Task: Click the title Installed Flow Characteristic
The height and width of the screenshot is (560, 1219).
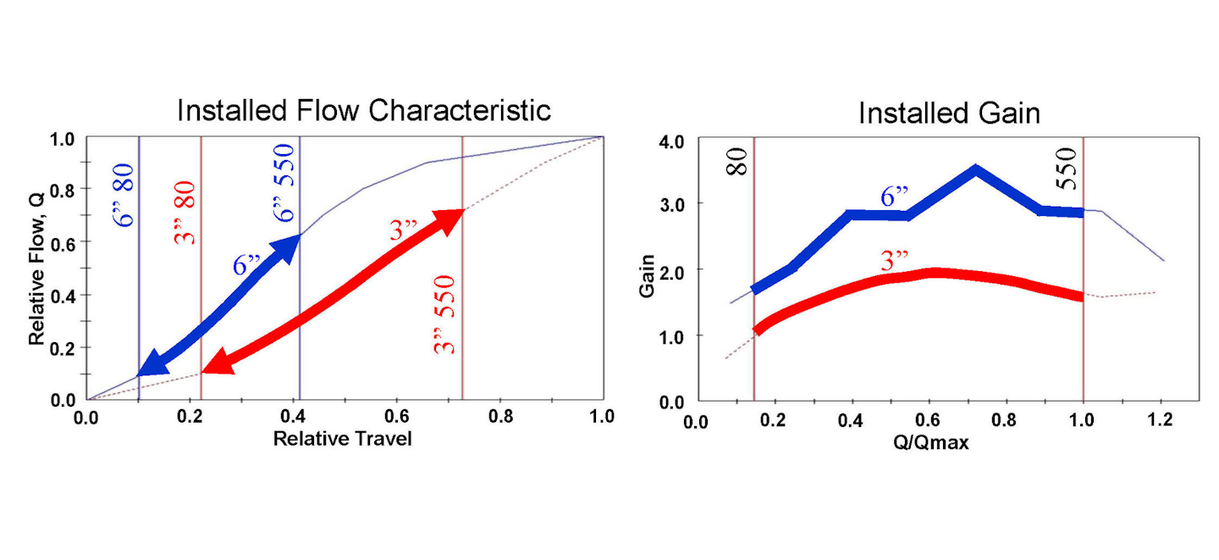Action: click(363, 110)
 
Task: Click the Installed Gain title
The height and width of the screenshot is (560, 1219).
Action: click(949, 114)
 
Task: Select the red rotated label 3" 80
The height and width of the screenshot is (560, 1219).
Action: click(185, 212)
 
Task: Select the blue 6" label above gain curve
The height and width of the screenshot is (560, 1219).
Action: click(894, 197)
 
